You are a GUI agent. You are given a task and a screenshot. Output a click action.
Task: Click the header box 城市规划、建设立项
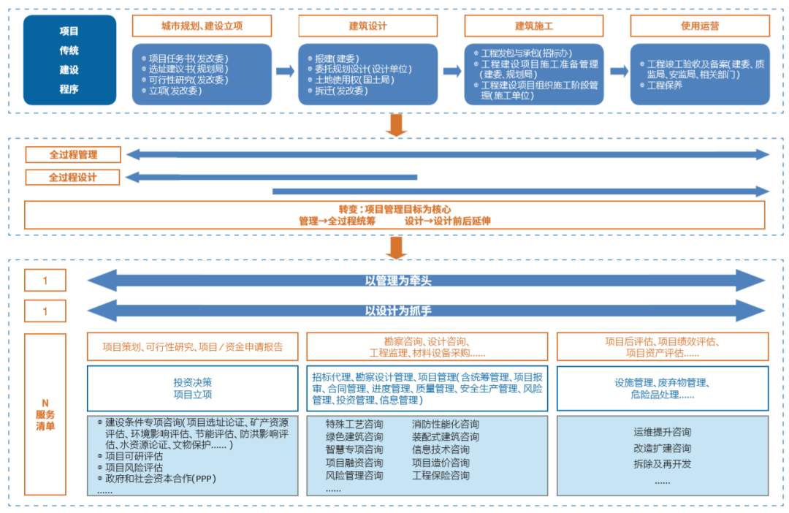(202, 26)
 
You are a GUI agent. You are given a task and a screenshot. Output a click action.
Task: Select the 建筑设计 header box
(367, 26)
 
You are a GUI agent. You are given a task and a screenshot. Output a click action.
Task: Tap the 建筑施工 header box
(534, 26)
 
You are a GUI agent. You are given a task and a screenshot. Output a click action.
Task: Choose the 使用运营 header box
(700, 26)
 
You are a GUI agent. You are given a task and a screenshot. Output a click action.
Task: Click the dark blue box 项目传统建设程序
(69, 61)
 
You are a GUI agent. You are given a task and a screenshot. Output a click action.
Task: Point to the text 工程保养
(665, 85)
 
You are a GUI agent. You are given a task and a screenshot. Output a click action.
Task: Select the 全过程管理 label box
(73, 155)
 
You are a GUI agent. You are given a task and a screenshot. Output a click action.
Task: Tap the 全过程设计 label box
(73, 178)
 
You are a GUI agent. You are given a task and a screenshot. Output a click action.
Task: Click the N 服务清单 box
(45, 414)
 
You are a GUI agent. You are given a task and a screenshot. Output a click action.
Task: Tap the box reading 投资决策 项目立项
(193, 388)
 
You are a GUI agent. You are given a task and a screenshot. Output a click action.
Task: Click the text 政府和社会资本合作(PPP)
(161, 478)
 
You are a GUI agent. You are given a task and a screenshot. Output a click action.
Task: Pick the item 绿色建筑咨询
(354, 436)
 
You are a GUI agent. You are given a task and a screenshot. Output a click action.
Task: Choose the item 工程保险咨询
(441, 476)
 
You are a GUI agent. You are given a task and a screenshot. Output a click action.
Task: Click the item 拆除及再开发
(663, 463)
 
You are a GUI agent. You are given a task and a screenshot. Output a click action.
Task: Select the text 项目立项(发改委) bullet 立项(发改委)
(175, 91)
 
